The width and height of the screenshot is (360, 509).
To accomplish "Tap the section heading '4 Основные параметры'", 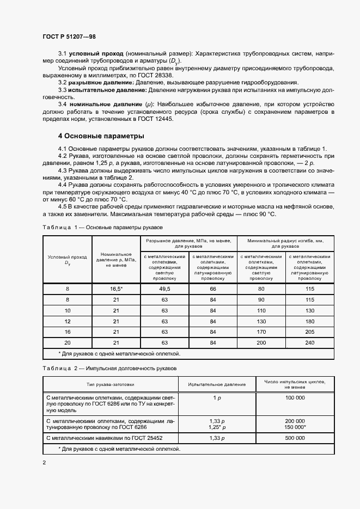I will click(101, 136).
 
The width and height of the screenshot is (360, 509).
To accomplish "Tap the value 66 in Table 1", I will click(212, 289).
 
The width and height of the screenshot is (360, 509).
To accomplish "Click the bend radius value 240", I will click(310, 342).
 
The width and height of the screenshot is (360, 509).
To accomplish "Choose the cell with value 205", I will click(310, 332).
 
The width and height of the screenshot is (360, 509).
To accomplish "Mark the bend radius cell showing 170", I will click(261, 332).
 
